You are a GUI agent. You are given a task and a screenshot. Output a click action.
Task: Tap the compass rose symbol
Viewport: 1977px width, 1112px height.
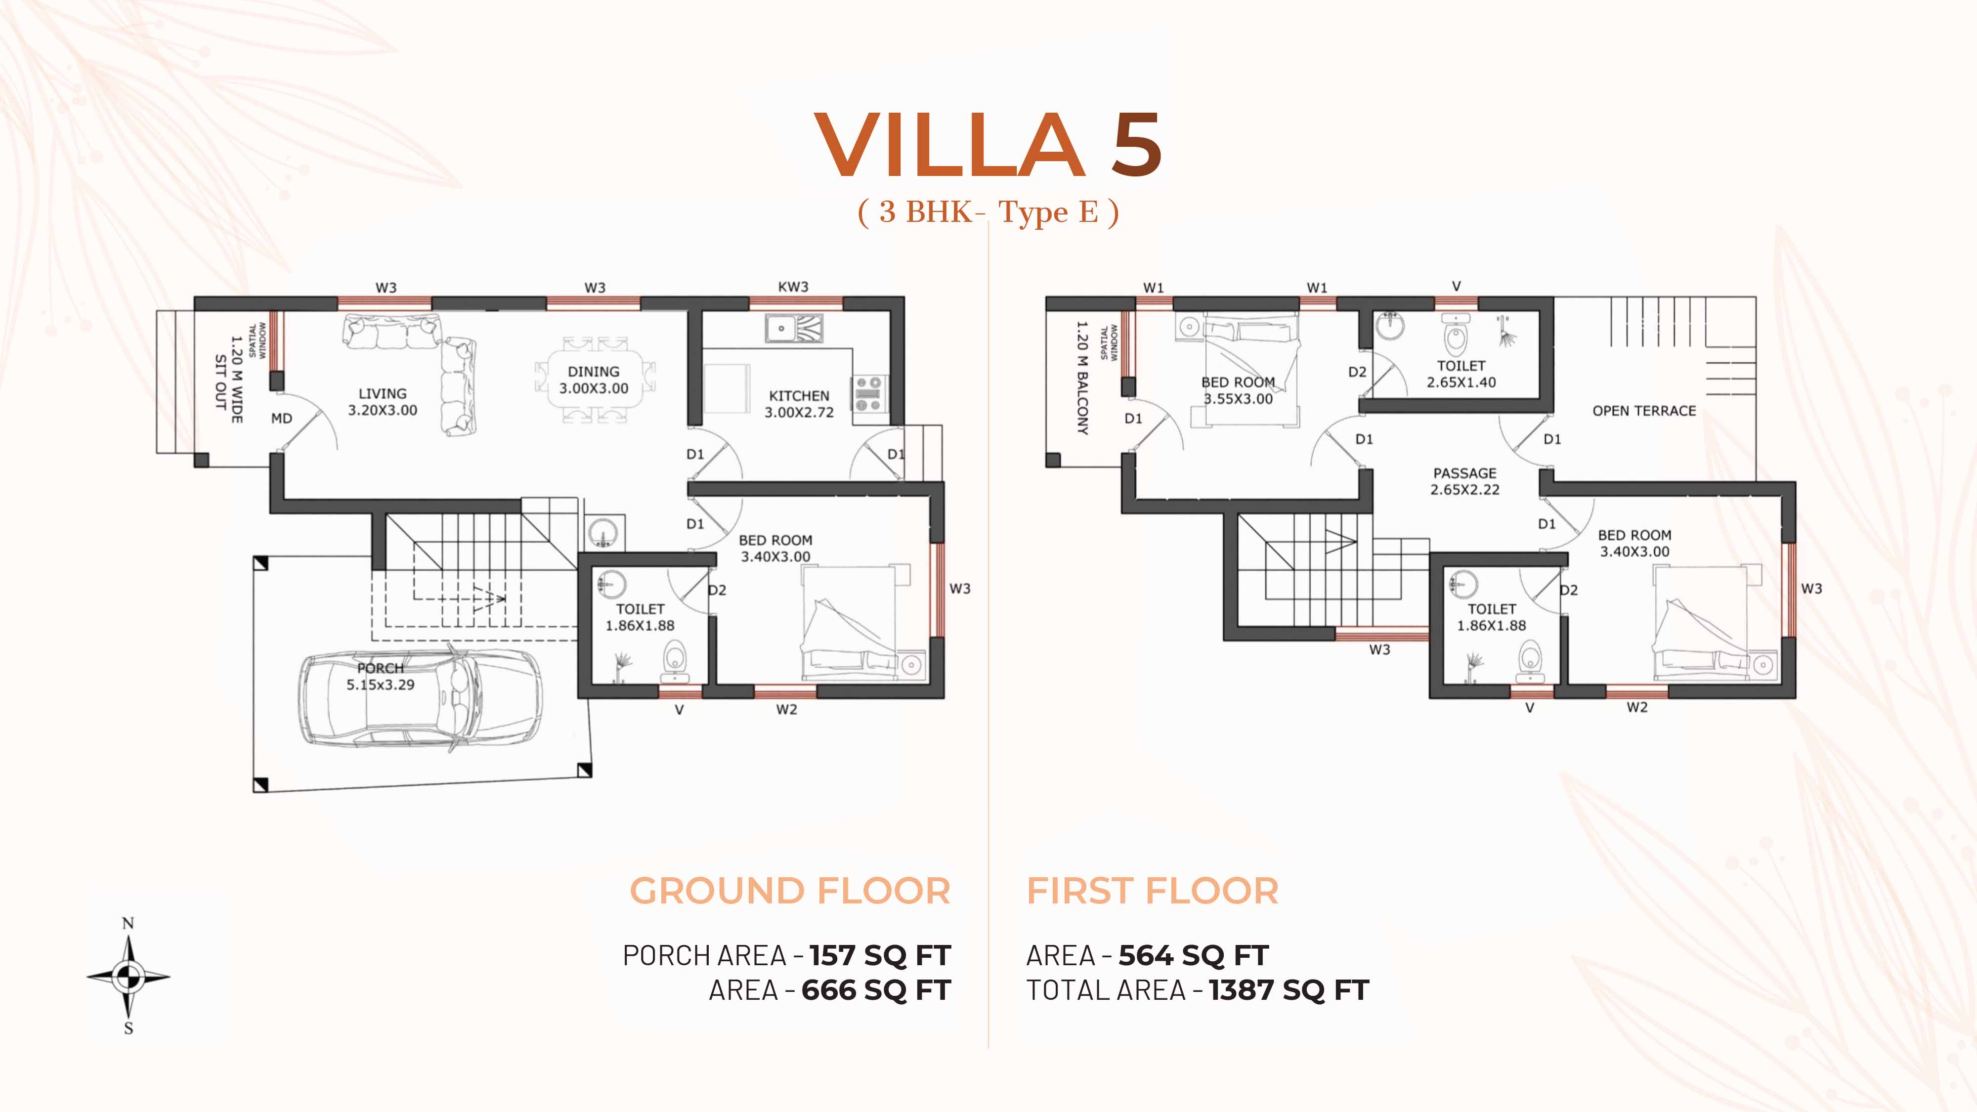128,976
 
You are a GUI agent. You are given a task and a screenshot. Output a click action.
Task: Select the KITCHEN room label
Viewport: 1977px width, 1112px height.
799,396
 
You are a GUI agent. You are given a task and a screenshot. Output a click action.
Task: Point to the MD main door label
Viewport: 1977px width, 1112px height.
282,418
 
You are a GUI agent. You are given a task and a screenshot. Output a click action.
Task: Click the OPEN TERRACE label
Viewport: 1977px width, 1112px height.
1644,411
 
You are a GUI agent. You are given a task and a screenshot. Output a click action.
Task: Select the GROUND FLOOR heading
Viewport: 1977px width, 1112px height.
790,891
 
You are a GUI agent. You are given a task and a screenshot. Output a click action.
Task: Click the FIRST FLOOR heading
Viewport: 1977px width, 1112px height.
1153,891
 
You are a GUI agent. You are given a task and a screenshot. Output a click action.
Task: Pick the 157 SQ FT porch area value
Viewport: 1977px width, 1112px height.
880,955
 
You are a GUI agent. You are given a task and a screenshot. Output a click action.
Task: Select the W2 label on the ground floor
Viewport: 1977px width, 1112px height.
786,709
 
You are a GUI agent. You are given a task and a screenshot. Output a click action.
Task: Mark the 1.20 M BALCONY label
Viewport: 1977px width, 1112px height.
1082,378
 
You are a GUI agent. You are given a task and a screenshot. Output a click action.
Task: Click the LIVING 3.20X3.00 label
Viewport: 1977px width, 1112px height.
382,401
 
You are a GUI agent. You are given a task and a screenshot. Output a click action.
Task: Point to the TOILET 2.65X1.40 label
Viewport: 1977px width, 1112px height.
1461,374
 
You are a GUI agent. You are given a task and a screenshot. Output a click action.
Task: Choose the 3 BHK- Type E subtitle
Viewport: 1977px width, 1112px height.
988,212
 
